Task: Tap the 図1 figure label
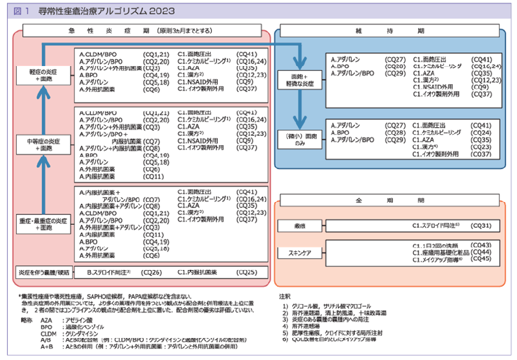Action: click(23, 10)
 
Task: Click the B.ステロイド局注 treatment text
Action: click(109, 273)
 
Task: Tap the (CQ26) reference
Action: click(152, 273)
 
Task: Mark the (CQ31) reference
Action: click(483, 225)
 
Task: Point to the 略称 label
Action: click(26, 321)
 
